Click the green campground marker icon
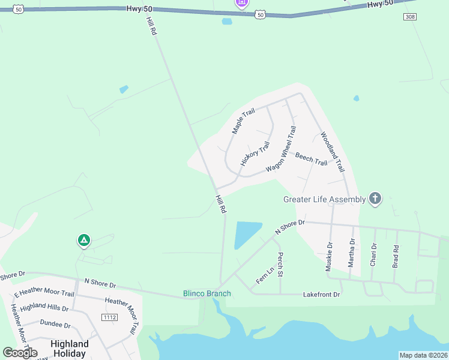84,241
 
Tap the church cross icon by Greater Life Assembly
375,199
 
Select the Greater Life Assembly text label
324,199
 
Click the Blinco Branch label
206,293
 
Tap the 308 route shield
410,17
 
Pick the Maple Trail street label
244,121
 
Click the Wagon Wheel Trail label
282,149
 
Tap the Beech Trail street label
311,159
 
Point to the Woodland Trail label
332,152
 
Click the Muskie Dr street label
329,257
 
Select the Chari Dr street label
373,254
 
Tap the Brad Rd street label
396,257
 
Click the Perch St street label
280,264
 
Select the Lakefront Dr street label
321,295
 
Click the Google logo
20,353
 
